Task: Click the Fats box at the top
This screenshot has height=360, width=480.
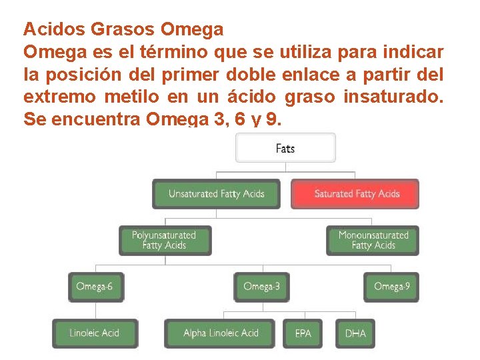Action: click(285, 148)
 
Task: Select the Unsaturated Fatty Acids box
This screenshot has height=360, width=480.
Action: click(217, 194)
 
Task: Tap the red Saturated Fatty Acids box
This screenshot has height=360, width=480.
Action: click(356, 194)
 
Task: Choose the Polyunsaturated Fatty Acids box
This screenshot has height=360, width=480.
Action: click(164, 241)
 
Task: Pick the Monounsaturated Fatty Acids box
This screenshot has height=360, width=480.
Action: click(373, 241)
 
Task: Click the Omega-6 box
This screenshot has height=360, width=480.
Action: click(95, 287)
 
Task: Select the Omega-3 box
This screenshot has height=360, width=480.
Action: click(262, 287)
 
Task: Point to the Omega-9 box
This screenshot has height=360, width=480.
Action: click(392, 287)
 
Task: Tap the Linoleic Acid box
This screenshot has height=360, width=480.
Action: click(95, 333)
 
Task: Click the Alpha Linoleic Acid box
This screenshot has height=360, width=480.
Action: click(221, 333)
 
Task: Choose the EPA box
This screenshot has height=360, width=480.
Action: click(303, 333)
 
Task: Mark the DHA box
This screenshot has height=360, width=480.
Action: click(355, 333)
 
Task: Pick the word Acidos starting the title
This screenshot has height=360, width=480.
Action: click(53, 30)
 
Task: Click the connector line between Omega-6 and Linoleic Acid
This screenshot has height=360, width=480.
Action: click(95, 310)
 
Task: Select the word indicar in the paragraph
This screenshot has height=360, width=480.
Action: click(417, 52)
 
